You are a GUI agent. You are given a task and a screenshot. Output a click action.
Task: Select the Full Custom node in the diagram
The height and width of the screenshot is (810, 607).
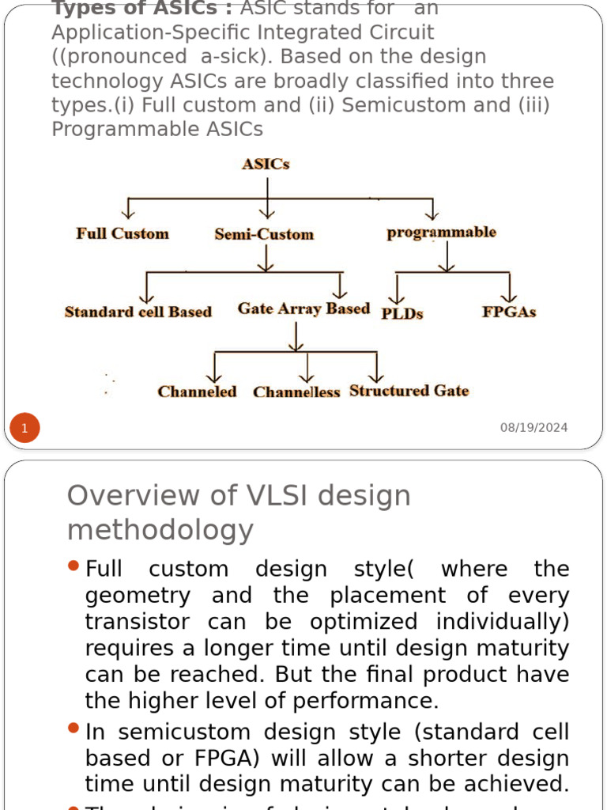point(123,233)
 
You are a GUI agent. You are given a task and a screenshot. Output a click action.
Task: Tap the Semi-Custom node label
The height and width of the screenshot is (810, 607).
point(264,234)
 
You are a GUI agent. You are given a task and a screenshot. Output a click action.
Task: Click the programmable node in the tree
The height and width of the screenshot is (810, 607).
point(441,233)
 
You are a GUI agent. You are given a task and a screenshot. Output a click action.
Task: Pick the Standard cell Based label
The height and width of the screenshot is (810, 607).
point(138,312)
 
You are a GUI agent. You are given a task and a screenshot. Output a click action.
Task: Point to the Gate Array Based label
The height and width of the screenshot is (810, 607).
point(303,308)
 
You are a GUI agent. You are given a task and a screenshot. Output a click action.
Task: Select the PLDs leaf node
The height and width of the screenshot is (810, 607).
point(402,313)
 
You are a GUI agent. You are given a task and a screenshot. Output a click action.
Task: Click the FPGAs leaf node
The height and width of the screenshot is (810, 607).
point(509,312)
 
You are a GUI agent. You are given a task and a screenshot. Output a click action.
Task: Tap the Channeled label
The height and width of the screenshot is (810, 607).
point(197,392)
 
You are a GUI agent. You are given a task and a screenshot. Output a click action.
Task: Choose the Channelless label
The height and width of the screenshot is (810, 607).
point(296,392)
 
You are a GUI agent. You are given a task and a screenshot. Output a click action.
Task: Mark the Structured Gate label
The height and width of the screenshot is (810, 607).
point(409,391)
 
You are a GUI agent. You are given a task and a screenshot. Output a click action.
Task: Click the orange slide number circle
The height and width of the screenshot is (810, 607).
point(25,429)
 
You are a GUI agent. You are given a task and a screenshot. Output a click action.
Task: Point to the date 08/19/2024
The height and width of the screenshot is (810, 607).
point(533,428)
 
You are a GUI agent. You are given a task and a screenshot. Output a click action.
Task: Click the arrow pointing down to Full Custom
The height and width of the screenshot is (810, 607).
point(128,208)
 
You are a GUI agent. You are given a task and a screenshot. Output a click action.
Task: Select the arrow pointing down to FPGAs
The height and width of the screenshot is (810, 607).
point(509,287)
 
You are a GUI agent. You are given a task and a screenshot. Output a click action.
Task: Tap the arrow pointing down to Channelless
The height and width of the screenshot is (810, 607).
point(307,368)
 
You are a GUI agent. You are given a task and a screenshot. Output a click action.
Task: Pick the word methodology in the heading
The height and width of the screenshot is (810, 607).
point(160,529)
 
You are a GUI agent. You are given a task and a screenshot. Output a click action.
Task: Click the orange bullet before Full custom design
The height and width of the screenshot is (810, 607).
point(74,566)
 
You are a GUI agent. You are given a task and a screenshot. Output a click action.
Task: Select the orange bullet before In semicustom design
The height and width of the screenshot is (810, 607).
point(74,728)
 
